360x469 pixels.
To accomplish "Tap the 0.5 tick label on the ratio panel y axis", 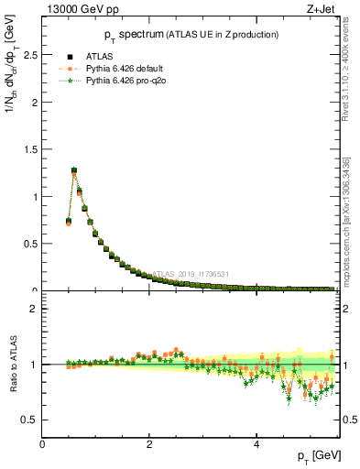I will coord(30,420).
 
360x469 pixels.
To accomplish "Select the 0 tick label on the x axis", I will coord(42,444).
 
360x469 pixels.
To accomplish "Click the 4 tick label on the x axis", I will coord(256,444).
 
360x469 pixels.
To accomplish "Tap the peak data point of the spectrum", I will coord(74,169).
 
